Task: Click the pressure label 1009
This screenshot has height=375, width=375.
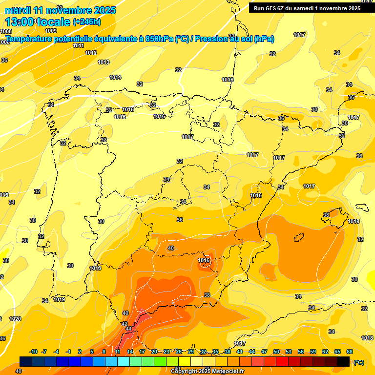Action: click(51, 44)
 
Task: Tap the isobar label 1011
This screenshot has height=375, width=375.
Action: click(78, 45)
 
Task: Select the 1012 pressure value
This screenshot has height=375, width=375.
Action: click(91, 53)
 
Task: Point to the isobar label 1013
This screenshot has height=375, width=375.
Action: click(103, 62)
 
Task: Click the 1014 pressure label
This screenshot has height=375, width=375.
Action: click(115, 77)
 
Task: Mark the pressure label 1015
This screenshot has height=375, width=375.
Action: click(128, 110)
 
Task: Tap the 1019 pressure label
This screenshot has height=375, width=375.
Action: click(59, 299)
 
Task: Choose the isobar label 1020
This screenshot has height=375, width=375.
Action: click(15, 319)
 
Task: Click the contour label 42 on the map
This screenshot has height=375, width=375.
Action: click(125, 324)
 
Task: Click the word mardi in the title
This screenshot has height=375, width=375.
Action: click(18, 10)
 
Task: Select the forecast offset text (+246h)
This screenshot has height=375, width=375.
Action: click(86, 21)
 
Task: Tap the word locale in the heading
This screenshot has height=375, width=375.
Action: click(52, 21)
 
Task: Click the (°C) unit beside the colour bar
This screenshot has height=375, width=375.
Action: click(358, 362)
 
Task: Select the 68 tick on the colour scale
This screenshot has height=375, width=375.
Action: click(350, 352)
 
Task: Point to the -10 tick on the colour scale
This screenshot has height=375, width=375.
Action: click(34, 352)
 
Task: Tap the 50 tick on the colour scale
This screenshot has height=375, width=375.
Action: click(276, 352)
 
